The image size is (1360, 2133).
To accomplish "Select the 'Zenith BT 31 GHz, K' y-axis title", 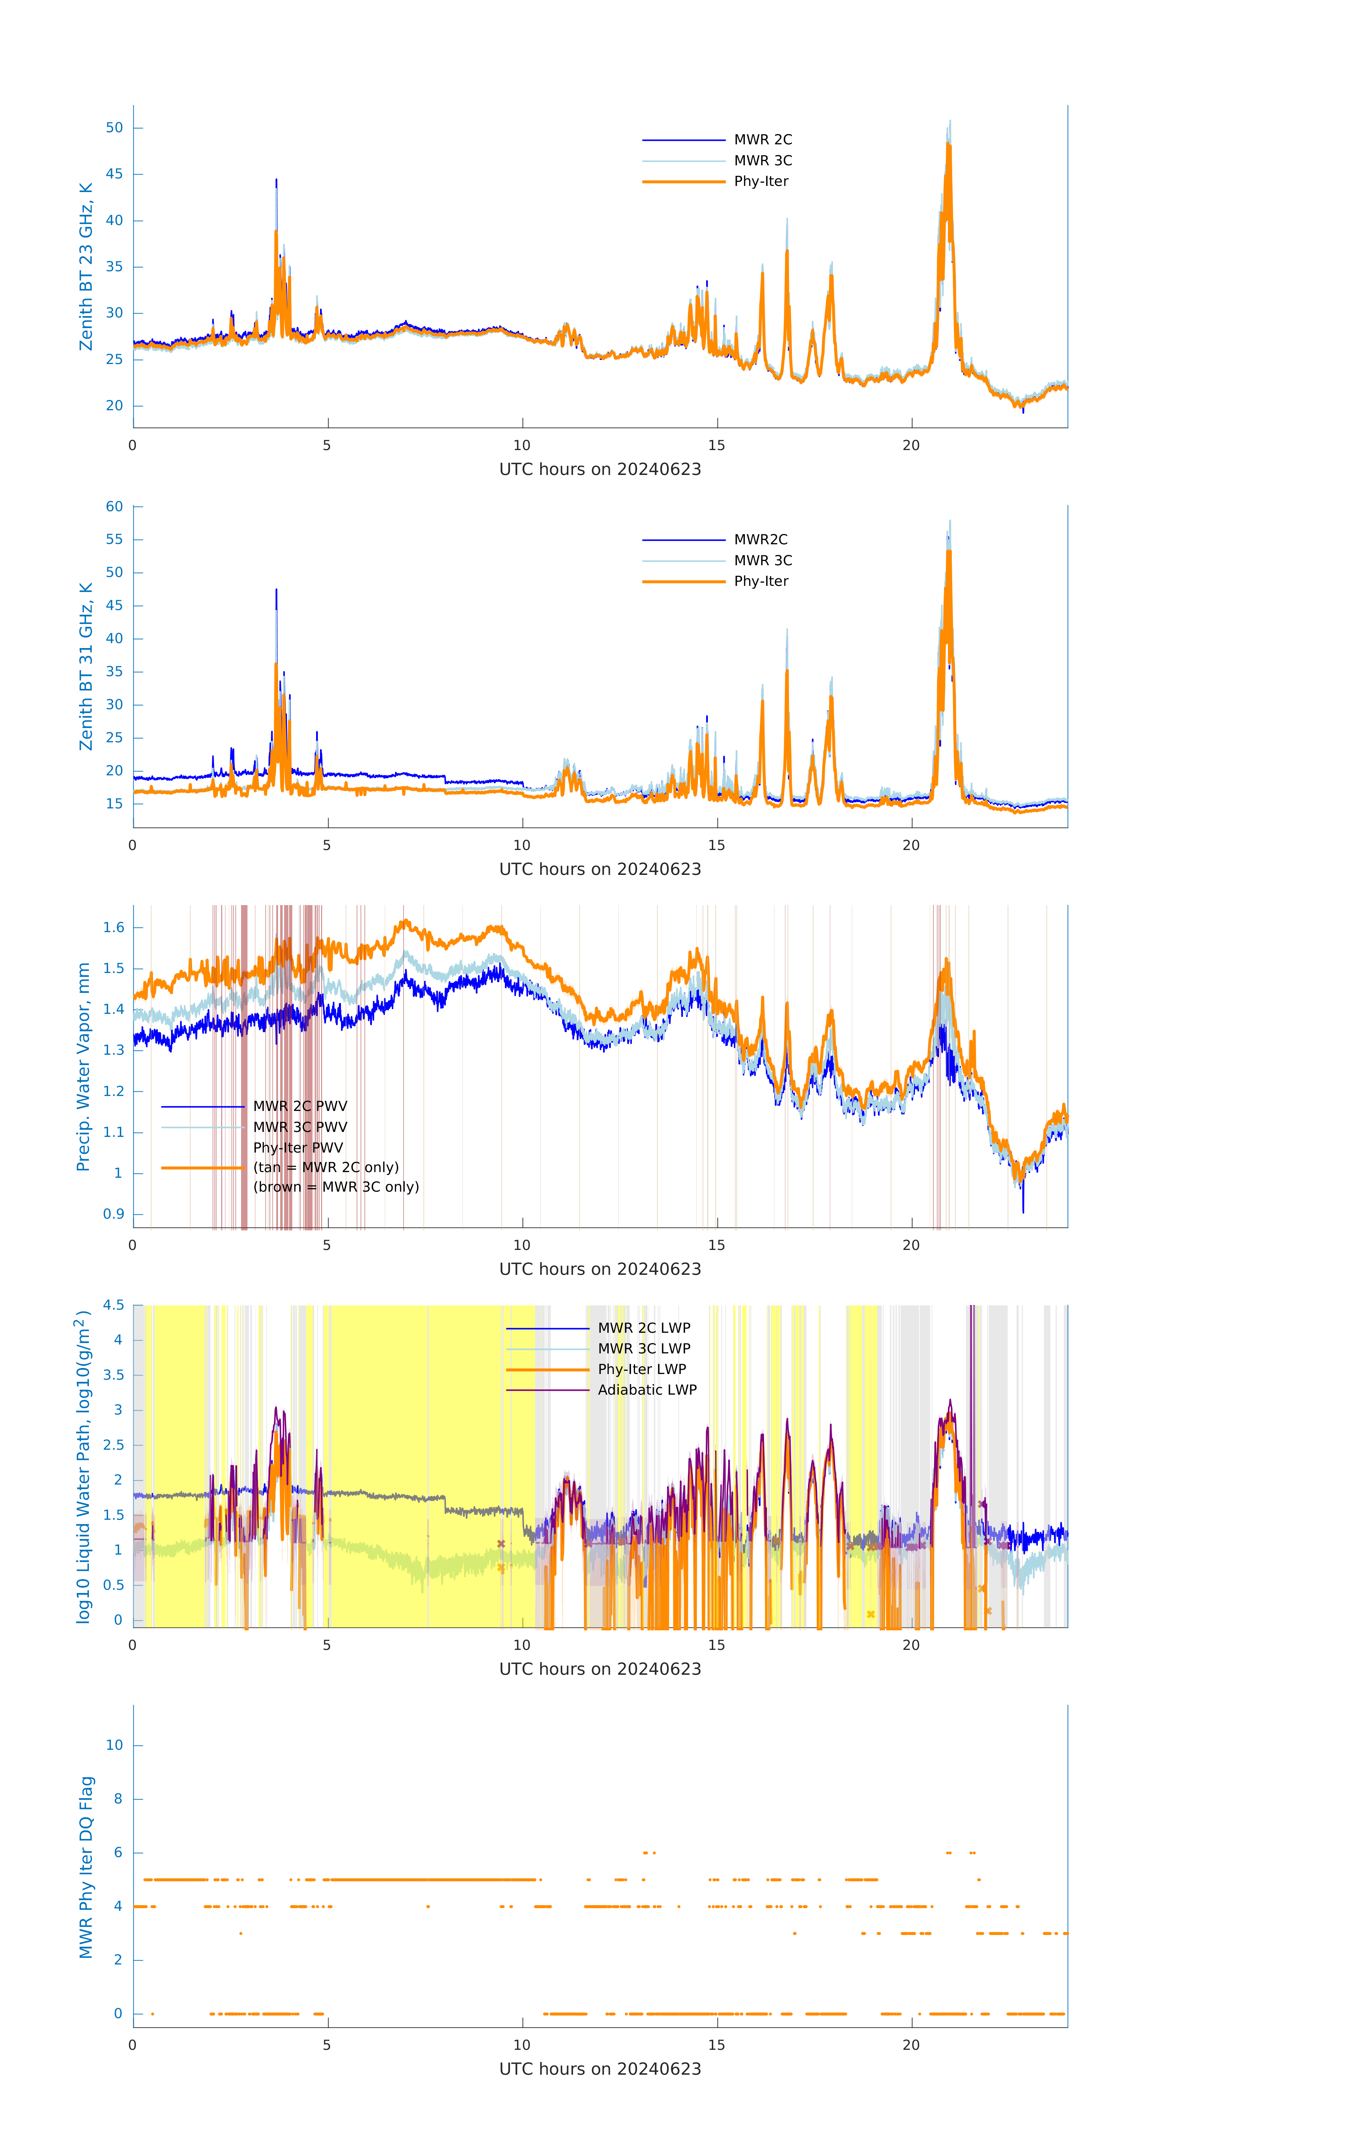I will point(86,666).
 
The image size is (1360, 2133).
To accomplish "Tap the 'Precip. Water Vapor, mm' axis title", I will point(83,1066).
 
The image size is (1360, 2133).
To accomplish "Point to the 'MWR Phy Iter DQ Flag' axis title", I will point(86,1867).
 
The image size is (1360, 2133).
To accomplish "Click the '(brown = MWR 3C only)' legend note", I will point(336,1187).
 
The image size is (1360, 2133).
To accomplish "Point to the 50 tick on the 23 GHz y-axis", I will point(114,128).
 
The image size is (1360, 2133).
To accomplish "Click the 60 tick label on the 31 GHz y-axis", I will point(114,507).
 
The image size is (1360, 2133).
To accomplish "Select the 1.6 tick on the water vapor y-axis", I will point(113,927).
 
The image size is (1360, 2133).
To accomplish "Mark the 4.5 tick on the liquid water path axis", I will point(113,1305).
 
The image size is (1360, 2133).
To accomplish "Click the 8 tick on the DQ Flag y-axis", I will point(118,1799).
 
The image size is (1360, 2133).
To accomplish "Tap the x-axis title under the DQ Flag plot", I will point(600,2069).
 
